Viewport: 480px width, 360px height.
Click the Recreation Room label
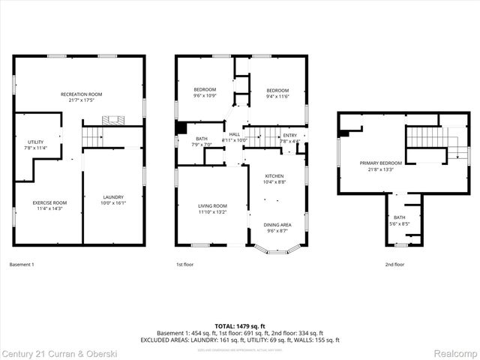coord(81,94)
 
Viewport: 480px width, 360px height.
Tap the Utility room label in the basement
coord(35,142)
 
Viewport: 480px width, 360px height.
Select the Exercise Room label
coord(49,202)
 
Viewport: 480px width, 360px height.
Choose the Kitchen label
coord(274,176)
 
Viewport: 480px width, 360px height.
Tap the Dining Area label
coord(277,224)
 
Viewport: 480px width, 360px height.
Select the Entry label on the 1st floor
coord(289,135)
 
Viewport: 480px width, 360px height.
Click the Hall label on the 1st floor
coord(235,134)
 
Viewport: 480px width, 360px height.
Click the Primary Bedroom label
coord(380,163)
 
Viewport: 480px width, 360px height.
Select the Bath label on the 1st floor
coord(202,139)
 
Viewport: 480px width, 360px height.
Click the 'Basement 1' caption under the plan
coord(22,265)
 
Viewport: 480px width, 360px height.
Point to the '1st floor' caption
coord(185,265)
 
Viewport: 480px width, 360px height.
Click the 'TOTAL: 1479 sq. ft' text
coord(239,325)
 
